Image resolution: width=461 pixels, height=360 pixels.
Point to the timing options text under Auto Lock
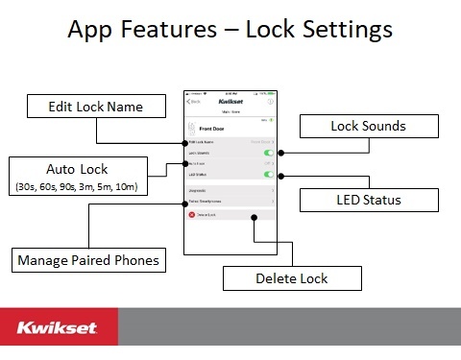click(74, 186)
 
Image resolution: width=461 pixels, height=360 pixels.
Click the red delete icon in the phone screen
click(192, 216)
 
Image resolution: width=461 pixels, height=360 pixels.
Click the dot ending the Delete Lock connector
click(255, 218)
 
